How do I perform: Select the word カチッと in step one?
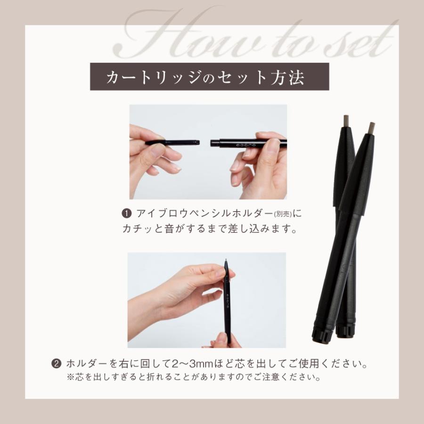(141, 230)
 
